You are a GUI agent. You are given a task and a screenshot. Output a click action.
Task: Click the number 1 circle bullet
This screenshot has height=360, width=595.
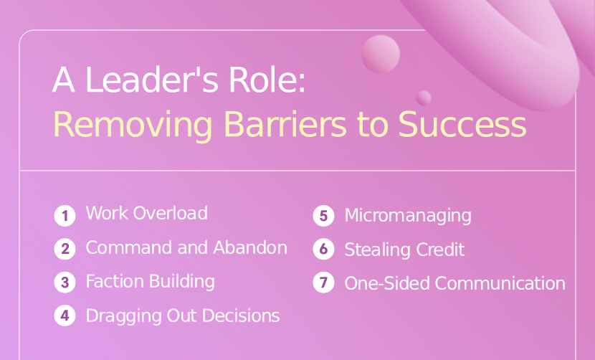tap(65, 214)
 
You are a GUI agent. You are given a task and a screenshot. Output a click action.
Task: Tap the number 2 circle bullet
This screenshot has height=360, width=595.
tap(65, 249)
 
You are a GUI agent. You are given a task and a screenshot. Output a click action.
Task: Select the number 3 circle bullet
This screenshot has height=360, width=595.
tap(65, 282)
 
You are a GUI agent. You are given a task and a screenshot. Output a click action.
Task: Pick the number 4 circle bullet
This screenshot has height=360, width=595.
tap(65, 316)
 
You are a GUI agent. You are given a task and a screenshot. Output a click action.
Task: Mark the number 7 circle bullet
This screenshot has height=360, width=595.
tap(324, 283)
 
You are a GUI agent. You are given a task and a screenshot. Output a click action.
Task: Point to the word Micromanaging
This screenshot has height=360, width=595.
tap(408, 215)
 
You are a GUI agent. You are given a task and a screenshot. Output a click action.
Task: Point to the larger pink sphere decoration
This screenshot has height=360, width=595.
tap(381, 54)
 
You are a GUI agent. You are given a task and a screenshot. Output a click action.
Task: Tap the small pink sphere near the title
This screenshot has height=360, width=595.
tap(424, 98)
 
